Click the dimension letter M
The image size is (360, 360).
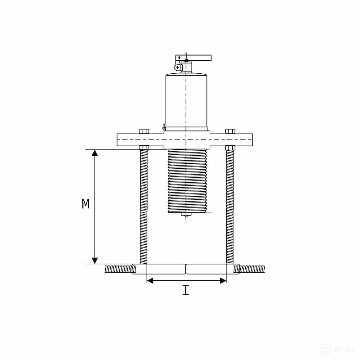tap(85, 204)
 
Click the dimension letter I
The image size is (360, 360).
tap(185, 291)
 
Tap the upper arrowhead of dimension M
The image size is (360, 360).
tap(94, 153)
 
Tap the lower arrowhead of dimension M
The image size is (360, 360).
tap(94, 260)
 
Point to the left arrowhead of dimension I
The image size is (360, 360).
tap(150, 280)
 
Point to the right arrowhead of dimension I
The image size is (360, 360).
tap(223, 280)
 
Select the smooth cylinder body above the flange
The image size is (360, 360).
tap(186, 101)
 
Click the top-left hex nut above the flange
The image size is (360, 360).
tap(144, 131)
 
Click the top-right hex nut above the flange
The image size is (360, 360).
tap(230, 131)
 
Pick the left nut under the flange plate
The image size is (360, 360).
tap(144, 148)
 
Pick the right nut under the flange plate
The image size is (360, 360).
tap(230, 148)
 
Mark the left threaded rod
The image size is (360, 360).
tap(144, 207)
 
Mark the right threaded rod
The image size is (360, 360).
tap(230, 207)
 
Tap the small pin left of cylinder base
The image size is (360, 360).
tap(164, 127)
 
